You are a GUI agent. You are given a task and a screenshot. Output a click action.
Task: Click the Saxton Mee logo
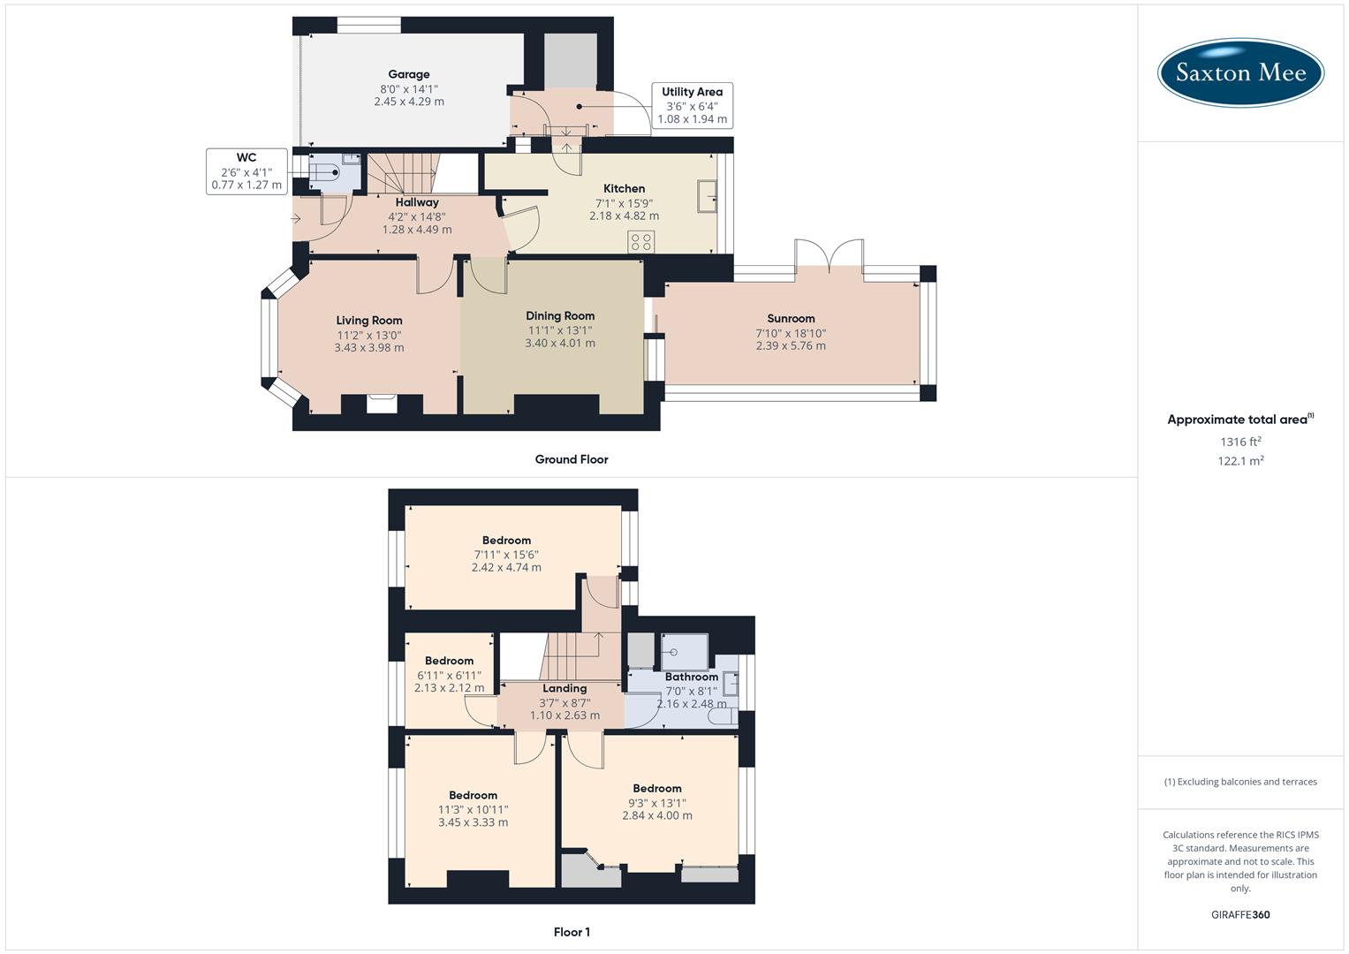tap(1240, 72)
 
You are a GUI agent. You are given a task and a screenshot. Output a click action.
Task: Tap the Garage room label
tap(408, 75)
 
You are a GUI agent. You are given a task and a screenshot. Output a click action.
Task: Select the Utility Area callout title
tap(692, 92)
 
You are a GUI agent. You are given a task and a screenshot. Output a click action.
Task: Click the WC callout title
tap(246, 158)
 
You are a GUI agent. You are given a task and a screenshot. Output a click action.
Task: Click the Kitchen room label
tap(624, 188)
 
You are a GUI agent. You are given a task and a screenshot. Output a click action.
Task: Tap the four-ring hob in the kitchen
tap(640, 242)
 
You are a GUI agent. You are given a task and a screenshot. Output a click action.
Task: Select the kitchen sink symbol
tap(707, 196)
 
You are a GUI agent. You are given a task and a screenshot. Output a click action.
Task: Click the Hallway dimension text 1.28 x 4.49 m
tap(417, 230)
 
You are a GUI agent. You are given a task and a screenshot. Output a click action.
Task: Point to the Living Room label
tap(368, 321)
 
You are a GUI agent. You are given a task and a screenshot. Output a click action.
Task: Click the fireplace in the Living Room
tap(382, 404)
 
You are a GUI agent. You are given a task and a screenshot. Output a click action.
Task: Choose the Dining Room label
tap(560, 316)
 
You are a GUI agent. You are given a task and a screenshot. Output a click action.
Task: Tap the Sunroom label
tap(791, 319)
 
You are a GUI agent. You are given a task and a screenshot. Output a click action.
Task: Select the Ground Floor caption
tap(572, 459)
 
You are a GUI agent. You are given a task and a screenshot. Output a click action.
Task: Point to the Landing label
tap(565, 689)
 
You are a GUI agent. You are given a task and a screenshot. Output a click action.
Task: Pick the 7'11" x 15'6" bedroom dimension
tap(506, 555)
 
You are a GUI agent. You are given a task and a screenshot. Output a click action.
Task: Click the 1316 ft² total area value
tap(1240, 442)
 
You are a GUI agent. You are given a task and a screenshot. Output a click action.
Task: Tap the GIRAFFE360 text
tap(1240, 915)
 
